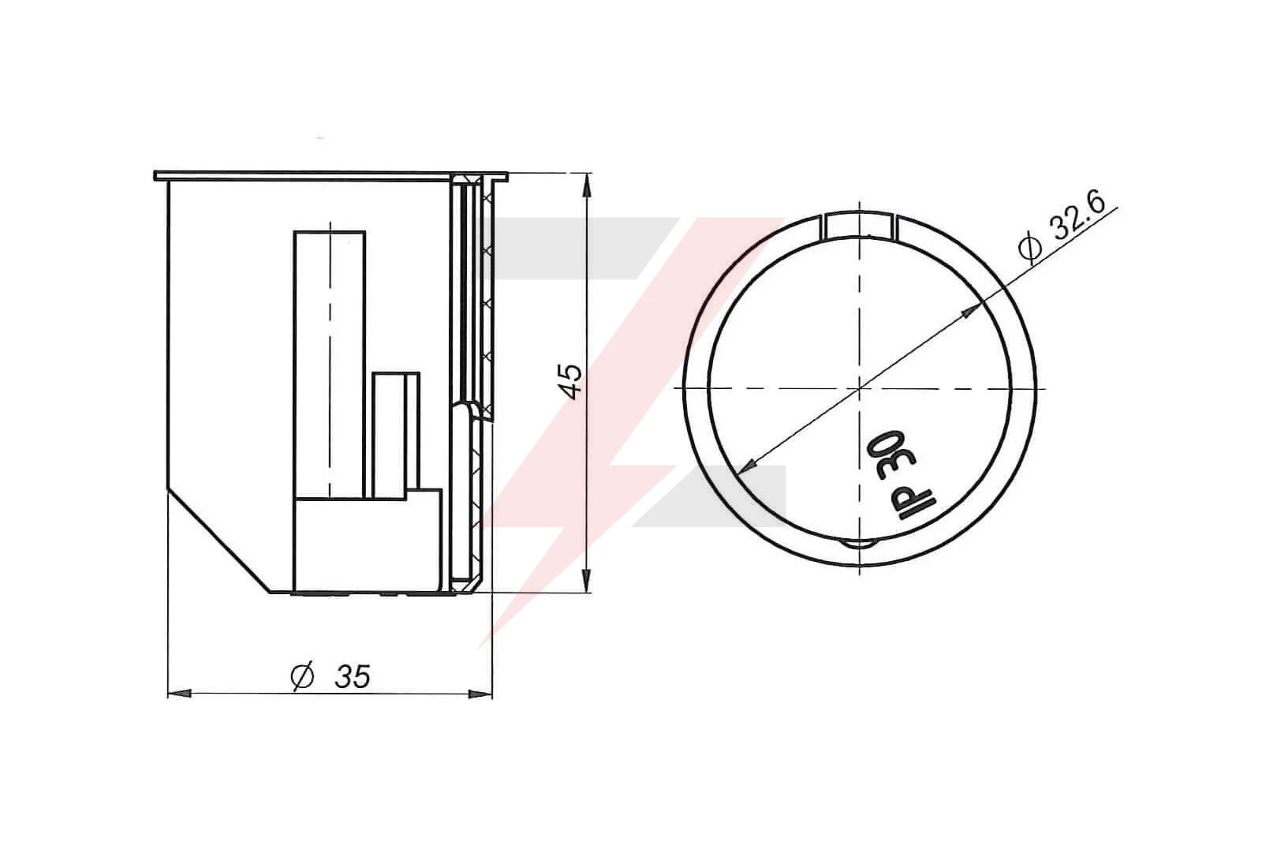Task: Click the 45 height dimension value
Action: pyautogui.click(x=572, y=382)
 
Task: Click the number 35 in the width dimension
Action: pyautogui.click(x=353, y=677)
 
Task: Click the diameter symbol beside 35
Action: pyautogui.click(x=303, y=676)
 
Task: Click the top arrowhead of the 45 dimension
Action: pyautogui.click(x=587, y=185)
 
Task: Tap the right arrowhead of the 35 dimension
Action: pyautogui.click(x=480, y=694)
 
